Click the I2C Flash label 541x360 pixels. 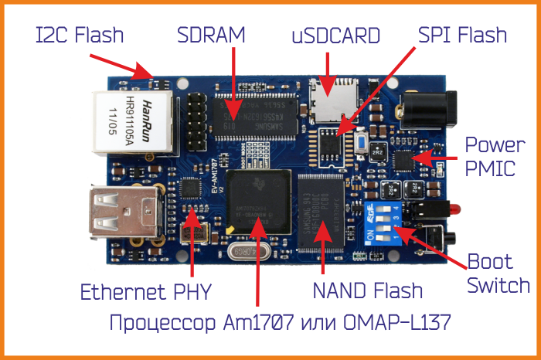[80, 36]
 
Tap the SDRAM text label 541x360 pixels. [210, 35]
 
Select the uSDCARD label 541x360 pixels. [336, 36]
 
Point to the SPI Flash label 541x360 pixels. [462, 35]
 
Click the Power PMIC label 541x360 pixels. [490, 157]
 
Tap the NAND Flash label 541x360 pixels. [368, 290]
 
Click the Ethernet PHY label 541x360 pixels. [145, 292]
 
